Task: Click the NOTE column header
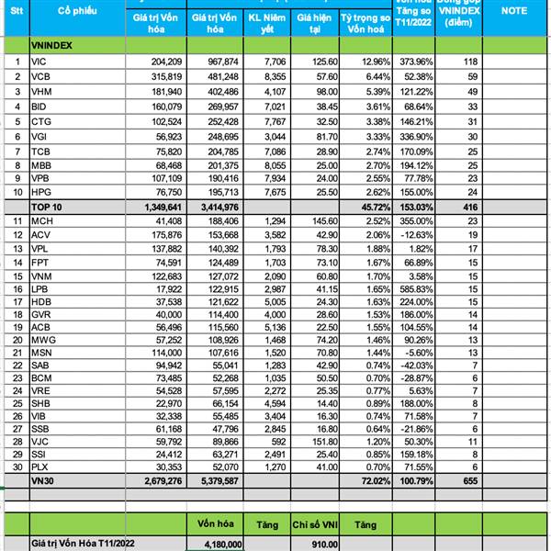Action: point(514,10)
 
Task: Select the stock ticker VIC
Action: point(39,61)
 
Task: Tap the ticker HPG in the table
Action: point(40,194)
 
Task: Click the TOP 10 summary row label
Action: point(45,208)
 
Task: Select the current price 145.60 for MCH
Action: point(315,223)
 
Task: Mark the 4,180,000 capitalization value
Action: point(219,544)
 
